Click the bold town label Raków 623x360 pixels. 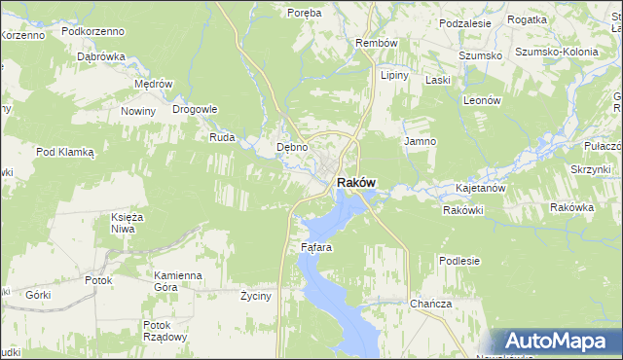pyautogui.click(x=356, y=182)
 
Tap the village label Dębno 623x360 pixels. pyautogui.click(x=292, y=147)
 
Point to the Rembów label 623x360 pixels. pyautogui.click(x=377, y=44)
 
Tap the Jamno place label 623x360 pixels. pyautogui.click(x=420, y=141)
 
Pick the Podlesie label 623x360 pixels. pyautogui.click(x=459, y=261)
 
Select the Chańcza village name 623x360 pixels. pyautogui.click(x=430, y=304)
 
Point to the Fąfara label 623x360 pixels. pyautogui.click(x=316, y=247)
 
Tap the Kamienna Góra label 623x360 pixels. pyautogui.click(x=177, y=281)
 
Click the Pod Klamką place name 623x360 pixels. pyautogui.click(x=64, y=152)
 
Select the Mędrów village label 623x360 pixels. pyautogui.click(x=154, y=84)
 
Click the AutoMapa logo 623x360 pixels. pyautogui.click(x=557, y=342)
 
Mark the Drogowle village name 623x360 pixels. pyautogui.click(x=195, y=109)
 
